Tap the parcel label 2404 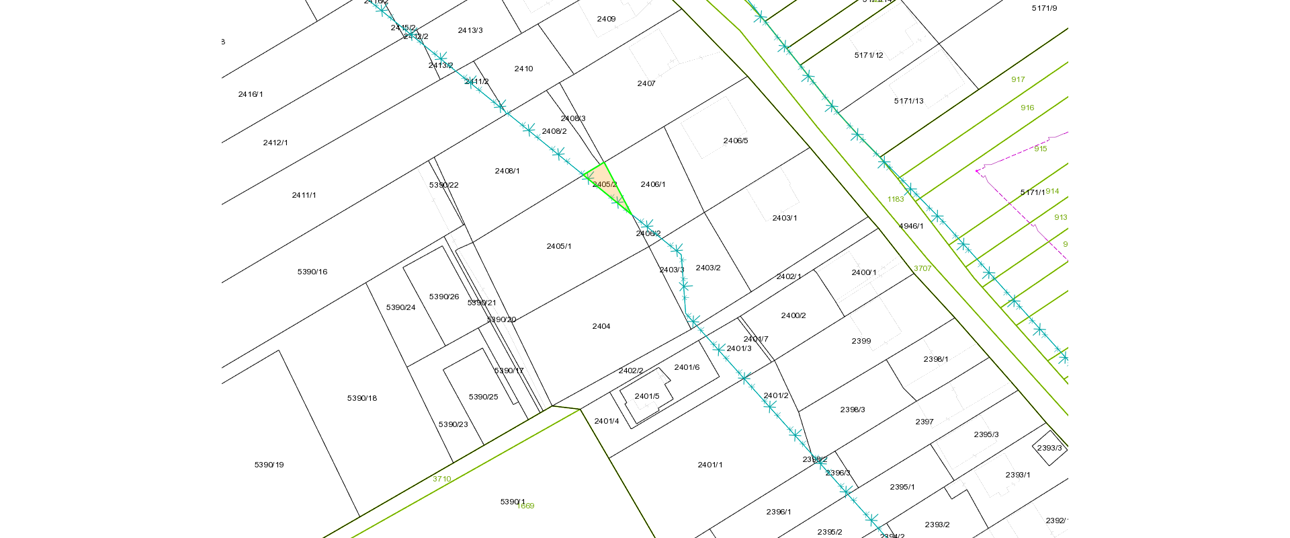[601, 326]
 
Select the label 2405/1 [559, 247]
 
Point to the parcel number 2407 [646, 83]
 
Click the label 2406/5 [736, 141]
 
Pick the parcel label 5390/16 [312, 272]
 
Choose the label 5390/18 [362, 398]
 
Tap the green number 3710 [441, 479]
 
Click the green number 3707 [922, 268]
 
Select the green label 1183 [896, 199]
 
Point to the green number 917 [1018, 79]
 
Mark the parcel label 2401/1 [710, 465]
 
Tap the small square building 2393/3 [1049, 448]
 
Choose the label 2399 [861, 341]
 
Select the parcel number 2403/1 [785, 218]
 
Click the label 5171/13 [908, 101]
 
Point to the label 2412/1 [275, 143]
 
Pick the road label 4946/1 [911, 226]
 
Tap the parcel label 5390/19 [269, 465]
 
